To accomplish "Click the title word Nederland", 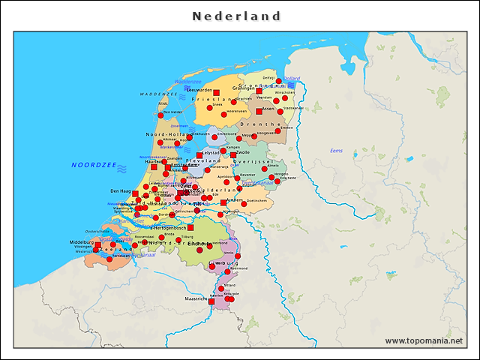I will click(236, 16).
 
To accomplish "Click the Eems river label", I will click(336, 151).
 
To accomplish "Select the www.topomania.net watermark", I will click(424, 340).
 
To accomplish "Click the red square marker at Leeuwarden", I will click(217, 93).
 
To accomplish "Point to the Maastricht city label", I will click(196, 298).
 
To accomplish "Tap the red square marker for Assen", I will click(259, 112).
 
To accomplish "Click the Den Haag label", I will click(121, 191).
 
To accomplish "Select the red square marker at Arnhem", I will click(223, 202).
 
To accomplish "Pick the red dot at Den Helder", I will click(160, 115).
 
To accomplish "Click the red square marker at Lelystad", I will click(199, 156).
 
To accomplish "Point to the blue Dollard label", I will click(291, 79).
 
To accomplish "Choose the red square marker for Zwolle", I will click(233, 155).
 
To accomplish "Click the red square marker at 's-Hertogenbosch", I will click(190, 227).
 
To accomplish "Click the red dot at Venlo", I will click(238, 256).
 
